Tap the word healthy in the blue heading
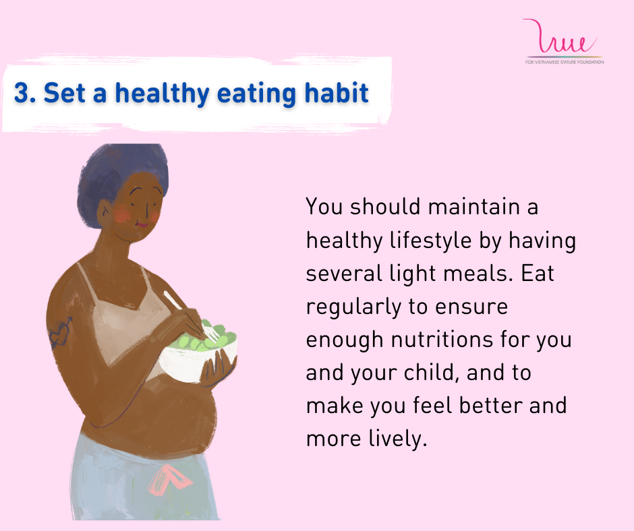(163, 94)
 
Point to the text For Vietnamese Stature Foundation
(565, 62)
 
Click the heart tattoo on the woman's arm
(61, 333)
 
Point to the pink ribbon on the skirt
(169, 480)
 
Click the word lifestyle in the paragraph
(430, 241)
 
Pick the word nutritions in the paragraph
(442, 340)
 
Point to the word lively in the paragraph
(397, 439)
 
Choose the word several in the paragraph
(344, 274)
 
